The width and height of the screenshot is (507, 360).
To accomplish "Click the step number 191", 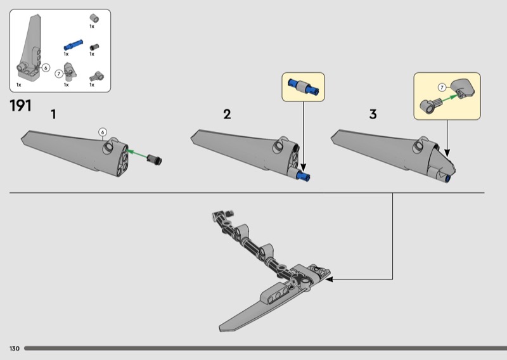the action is point(21,106).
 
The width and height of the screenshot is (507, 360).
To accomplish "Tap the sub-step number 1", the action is point(53,114).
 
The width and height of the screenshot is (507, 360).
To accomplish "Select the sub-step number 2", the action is point(227,114).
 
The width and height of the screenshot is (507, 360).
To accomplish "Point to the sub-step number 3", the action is point(373,114).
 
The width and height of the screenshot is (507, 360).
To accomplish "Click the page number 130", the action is point(15,349).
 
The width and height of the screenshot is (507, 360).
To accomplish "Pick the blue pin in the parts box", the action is point(73,45).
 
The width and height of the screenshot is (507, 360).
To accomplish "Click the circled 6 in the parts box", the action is point(46,68).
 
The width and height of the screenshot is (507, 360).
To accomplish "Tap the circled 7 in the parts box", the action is point(58,74).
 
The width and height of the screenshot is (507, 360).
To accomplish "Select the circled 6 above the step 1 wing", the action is point(103,132).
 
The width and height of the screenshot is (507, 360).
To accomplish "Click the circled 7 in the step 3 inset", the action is point(442,87).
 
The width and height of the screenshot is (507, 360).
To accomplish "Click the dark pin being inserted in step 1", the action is point(154,160).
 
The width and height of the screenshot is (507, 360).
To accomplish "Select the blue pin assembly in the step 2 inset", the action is point(304,87).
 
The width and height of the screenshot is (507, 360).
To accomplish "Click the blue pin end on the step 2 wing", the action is point(305,176).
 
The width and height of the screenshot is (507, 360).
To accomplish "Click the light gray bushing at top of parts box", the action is point(94,18).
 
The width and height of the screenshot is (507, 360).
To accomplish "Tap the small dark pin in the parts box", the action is point(94,48).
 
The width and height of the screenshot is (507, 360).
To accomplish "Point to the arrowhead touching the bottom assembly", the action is point(329,278).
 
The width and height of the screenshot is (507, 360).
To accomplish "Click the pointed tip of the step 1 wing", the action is point(22,139).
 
